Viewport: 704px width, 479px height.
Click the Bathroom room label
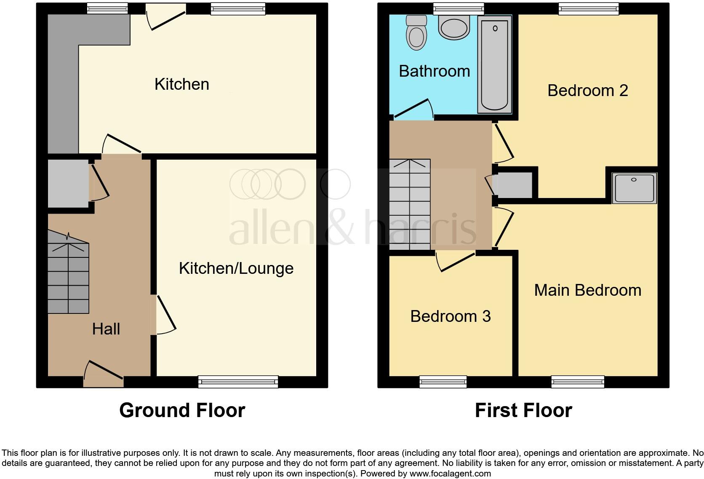point(434,71)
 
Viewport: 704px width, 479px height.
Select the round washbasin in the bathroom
point(453,27)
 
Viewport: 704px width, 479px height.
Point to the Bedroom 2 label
point(587,91)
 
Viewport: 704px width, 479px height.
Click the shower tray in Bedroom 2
point(634,188)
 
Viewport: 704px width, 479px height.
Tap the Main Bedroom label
point(587,290)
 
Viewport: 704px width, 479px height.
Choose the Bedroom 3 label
point(451,316)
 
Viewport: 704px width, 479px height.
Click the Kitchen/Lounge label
point(236,268)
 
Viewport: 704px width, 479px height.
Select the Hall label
point(106,329)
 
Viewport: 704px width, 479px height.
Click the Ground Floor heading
point(182,410)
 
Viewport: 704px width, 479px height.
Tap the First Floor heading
point(523,410)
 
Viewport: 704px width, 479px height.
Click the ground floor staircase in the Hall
point(68,278)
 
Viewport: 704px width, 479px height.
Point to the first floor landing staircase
point(410,204)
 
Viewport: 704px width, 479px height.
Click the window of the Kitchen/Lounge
point(238,382)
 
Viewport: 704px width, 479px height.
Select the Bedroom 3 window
point(443,382)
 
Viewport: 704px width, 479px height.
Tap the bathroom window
point(459,9)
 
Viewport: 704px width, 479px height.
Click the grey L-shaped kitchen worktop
point(63,84)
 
